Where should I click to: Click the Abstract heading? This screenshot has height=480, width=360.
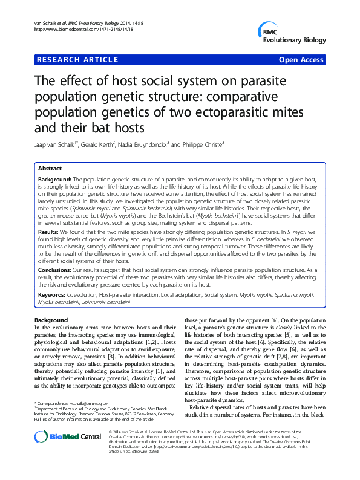pyautogui.click(x=50, y=170)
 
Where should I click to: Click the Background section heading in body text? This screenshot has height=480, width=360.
pyautogui.click(x=51, y=319)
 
